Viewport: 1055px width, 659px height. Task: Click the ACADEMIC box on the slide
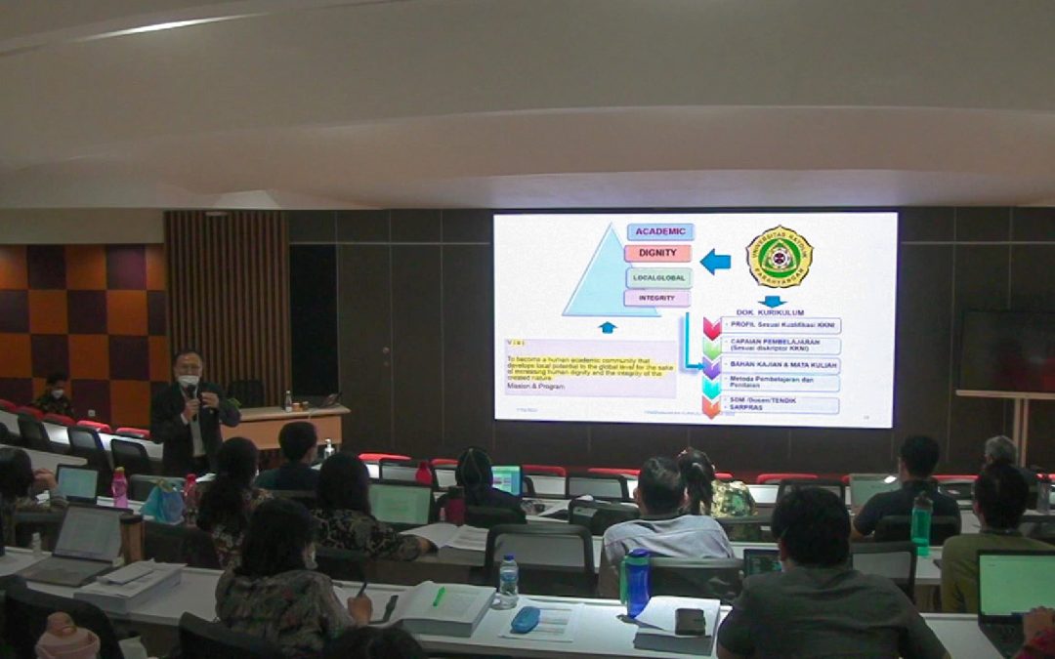pos(660,231)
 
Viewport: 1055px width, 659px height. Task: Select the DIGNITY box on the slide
pos(657,254)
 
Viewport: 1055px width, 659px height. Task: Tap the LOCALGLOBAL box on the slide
pos(658,277)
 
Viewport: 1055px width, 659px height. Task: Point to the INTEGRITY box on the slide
pos(656,298)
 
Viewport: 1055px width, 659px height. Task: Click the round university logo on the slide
pos(779,256)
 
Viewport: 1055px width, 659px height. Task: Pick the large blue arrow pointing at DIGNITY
pos(715,261)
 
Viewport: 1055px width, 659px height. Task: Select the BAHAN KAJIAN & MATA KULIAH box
pos(781,364)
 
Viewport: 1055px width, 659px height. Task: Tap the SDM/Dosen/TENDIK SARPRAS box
pos(781,404)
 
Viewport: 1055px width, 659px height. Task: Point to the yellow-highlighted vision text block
pos(591,369)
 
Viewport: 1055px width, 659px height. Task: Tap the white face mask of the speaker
pos(189,381)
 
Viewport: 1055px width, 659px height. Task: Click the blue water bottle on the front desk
pos(637,583)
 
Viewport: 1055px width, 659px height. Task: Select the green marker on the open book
pos(439,596)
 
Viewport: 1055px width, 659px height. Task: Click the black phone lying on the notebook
pos(690,621)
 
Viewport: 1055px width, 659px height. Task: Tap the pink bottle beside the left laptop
pos(119,487)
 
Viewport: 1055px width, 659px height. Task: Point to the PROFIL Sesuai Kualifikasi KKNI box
pos(781,325)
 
